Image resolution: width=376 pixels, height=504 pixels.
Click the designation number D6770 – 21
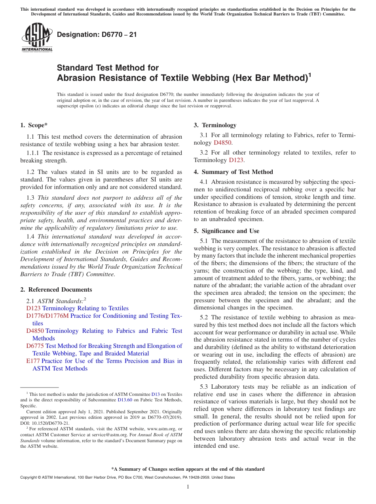[x=97, y=34]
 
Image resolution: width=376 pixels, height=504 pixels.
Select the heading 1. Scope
[x=34, y=125]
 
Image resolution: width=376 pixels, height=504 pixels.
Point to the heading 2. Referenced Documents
[x=56, y=290]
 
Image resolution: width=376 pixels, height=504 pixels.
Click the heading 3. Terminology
[x=215, y=125]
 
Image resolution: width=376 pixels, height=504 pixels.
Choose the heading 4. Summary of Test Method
[x=233, y=172]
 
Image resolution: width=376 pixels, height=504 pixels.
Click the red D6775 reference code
[x=35, y=346]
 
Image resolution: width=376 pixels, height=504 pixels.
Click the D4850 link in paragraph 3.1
[x=222, y=143]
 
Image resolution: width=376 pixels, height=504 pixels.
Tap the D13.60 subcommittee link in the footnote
[x=125, y=400]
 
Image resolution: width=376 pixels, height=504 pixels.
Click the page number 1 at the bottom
[x=188, y=487]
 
